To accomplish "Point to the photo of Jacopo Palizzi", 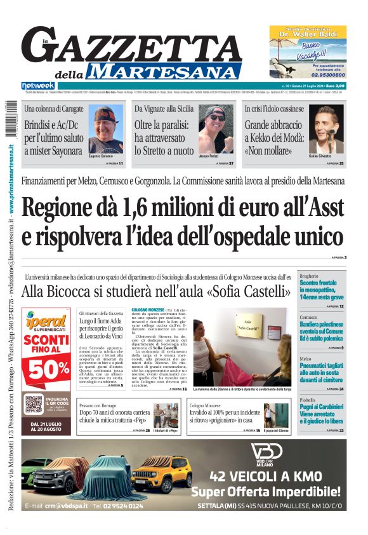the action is coord(215,130).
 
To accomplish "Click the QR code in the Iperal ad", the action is coord(33,403).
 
